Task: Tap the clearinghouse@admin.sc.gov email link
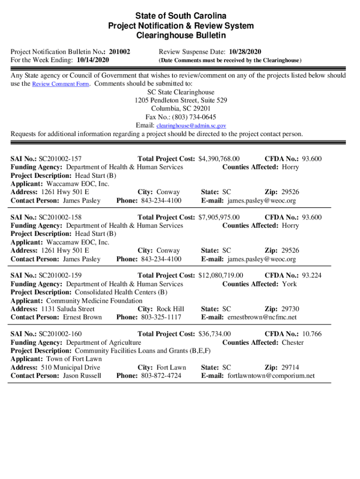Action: (x=191, y=126)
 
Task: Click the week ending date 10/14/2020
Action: (x=93, y=60)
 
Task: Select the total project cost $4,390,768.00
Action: (x=219, y=159)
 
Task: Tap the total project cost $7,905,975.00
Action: (x=219, y=217)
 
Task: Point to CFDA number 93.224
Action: (x=312, y=276)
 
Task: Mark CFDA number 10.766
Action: (x=312, y=334)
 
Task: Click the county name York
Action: (x=289, y=284)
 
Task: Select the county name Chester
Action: (x=293, y=342)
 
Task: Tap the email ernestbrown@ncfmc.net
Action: (x=262, y=317)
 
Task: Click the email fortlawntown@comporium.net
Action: (x=271, y=376)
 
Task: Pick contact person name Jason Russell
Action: (x=82, y=376)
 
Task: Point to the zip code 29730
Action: (x=290, y=309)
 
